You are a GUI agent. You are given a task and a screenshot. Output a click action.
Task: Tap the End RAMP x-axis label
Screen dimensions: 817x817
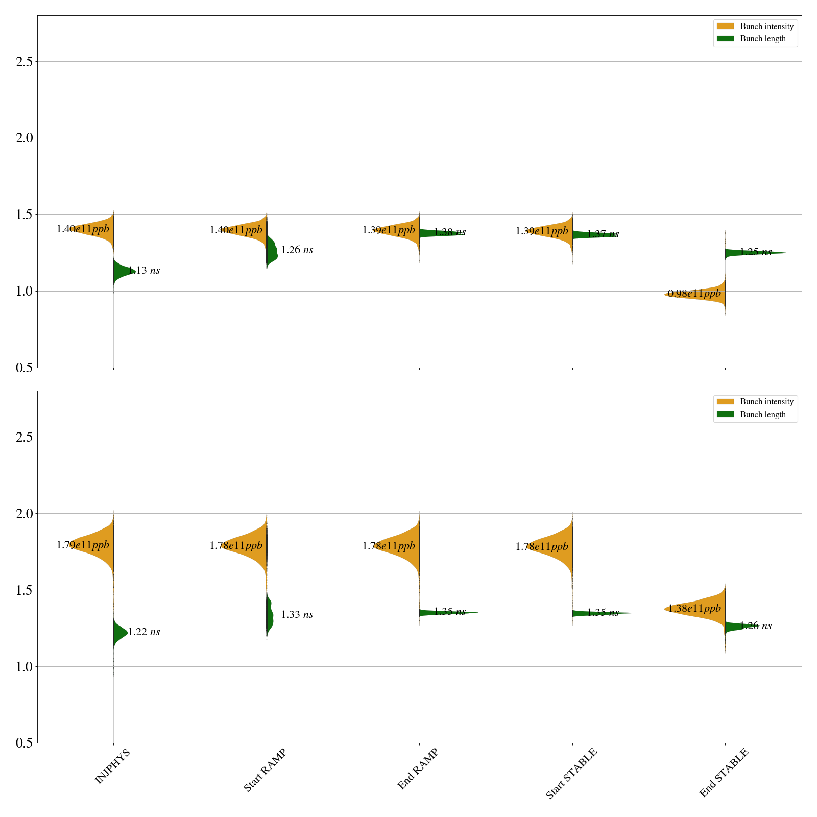(418, 769)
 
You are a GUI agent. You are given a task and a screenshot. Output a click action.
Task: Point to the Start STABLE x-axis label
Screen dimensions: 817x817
(571, 774)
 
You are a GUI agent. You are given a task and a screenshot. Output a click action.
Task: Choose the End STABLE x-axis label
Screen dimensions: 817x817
(724, 773)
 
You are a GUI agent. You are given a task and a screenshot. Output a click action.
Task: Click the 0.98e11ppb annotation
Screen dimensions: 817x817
(694, 294)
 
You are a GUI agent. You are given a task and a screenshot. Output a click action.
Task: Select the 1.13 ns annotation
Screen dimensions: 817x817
(143, 271)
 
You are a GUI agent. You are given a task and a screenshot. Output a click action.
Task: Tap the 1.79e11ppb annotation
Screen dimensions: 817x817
(83, 545)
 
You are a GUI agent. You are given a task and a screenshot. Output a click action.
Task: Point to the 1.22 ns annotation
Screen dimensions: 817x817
(143, 632)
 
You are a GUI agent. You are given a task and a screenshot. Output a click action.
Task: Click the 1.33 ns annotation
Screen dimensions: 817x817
(297, 615)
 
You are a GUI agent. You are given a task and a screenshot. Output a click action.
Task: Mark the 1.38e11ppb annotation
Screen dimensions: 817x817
(694, 609)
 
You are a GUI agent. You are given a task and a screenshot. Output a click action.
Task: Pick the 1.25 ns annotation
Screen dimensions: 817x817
(755, 252)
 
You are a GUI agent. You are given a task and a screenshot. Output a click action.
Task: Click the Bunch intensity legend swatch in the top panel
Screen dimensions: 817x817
(725, 27)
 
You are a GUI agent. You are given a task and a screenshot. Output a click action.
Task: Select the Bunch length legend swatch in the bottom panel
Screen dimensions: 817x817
(725, 415)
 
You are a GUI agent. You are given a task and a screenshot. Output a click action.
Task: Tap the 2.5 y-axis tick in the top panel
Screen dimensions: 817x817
(24, 62)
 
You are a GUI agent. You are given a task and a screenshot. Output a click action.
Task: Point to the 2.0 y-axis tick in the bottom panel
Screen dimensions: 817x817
(24, 514)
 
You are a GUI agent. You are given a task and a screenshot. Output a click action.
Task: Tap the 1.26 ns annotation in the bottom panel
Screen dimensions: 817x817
(755, 626)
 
